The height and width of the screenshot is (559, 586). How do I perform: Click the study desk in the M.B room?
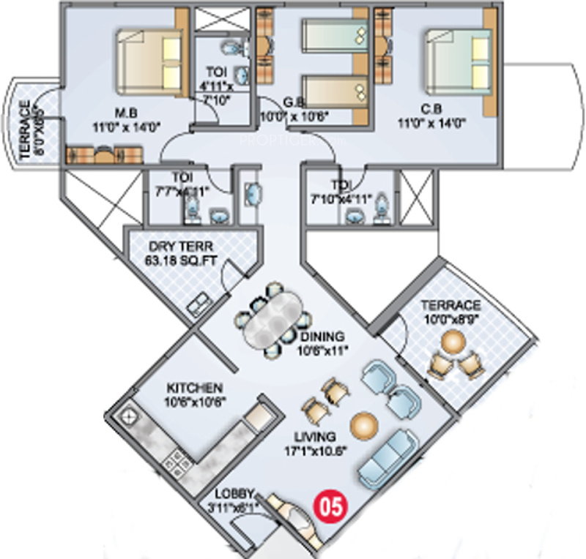105,154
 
